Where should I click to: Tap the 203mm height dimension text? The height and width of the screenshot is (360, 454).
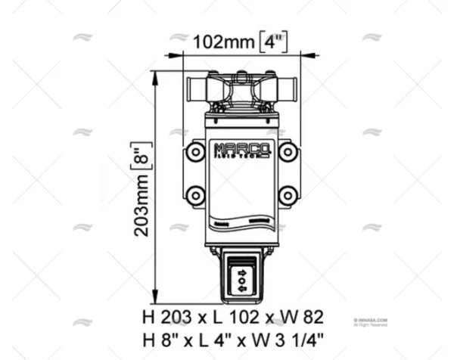pos(141,209)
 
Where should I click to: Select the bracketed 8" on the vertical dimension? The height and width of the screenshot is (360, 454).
pos(141,158)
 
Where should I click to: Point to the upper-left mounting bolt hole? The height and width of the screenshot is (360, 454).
pos(196,153)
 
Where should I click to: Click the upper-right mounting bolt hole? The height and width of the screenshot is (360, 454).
pos(287,153)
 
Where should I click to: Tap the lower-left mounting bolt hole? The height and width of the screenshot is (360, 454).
pos(196,197)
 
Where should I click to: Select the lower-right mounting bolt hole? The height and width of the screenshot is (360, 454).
pos(287,197)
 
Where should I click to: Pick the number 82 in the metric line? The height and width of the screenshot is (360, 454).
pos(311,316)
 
